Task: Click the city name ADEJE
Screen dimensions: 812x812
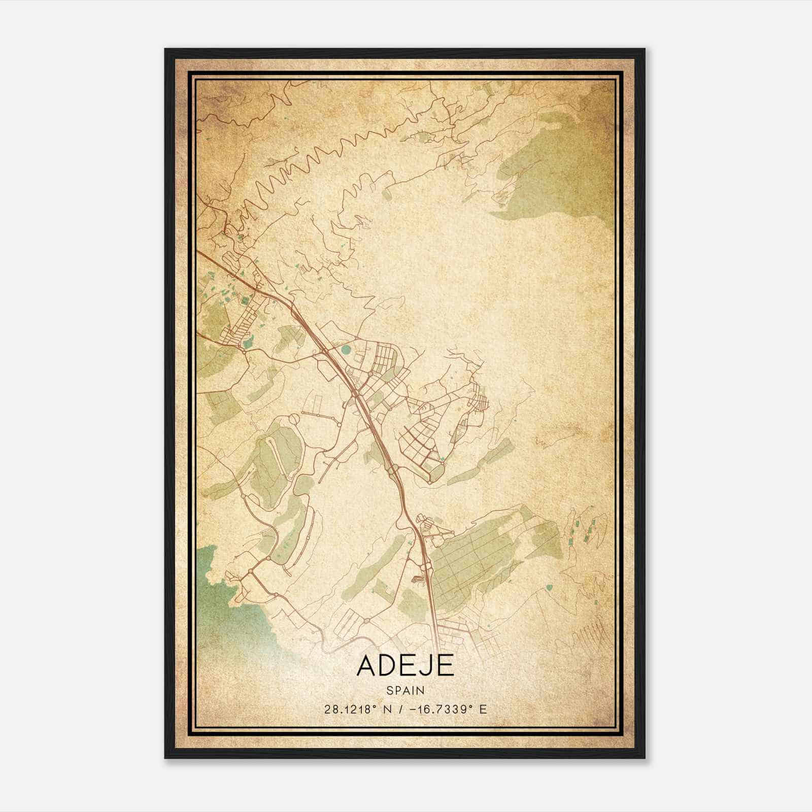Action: point(405,666)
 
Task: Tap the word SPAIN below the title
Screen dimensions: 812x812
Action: point(405,690)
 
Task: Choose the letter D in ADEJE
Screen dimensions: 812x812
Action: point(386,666)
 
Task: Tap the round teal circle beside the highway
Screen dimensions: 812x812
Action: point(346,349)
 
